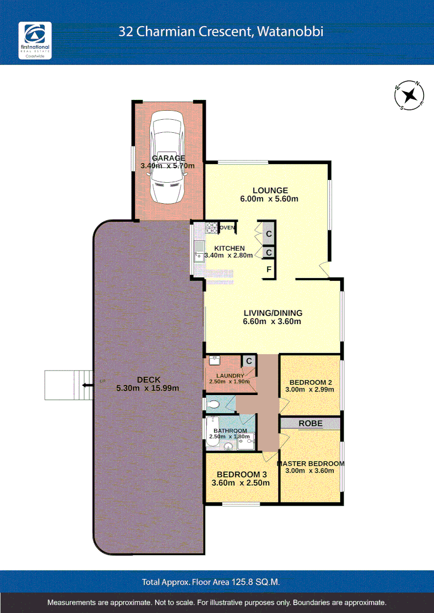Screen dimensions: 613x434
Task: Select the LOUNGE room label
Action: click(270, 191)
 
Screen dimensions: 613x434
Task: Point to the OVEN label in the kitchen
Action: click(227, 228)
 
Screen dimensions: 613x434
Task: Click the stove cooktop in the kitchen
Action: click(211, 228)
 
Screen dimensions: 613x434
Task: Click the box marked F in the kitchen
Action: click(269, 270)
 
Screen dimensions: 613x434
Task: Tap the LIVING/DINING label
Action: click(273, 313)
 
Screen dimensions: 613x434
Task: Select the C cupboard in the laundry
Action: click(248, 360)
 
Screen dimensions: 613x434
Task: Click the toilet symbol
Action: click(214, 405)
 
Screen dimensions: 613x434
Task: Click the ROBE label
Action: click(310, 423)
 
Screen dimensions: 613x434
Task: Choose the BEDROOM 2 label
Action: click(310, 382)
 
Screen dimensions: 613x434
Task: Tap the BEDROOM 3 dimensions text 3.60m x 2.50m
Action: click(240, 483)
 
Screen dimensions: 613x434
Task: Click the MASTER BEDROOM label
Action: click(310, 463)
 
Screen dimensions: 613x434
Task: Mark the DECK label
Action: click(148, 380)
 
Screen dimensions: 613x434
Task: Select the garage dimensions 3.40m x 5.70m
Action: click(168, 166)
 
